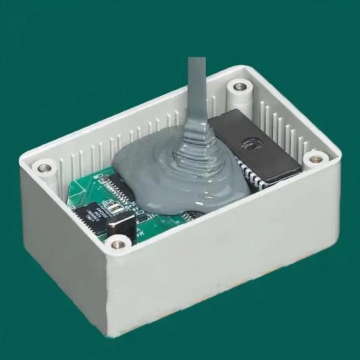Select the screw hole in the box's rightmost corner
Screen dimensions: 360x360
[315, 157]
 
